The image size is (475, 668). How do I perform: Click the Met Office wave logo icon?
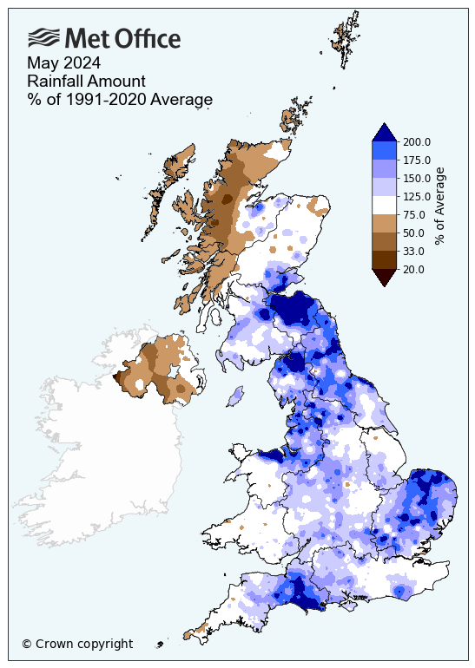click(x=43, y=37)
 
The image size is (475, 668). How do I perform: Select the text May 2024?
click(x=63, y=62)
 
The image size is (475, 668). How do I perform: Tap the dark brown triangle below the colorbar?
click(x=385, y=277)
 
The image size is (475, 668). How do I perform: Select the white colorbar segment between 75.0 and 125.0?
click(x=385, y=205)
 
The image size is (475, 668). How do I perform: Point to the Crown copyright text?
click(x=77, y=644)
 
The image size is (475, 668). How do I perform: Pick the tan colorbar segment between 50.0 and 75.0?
click(x=385, y=223)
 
